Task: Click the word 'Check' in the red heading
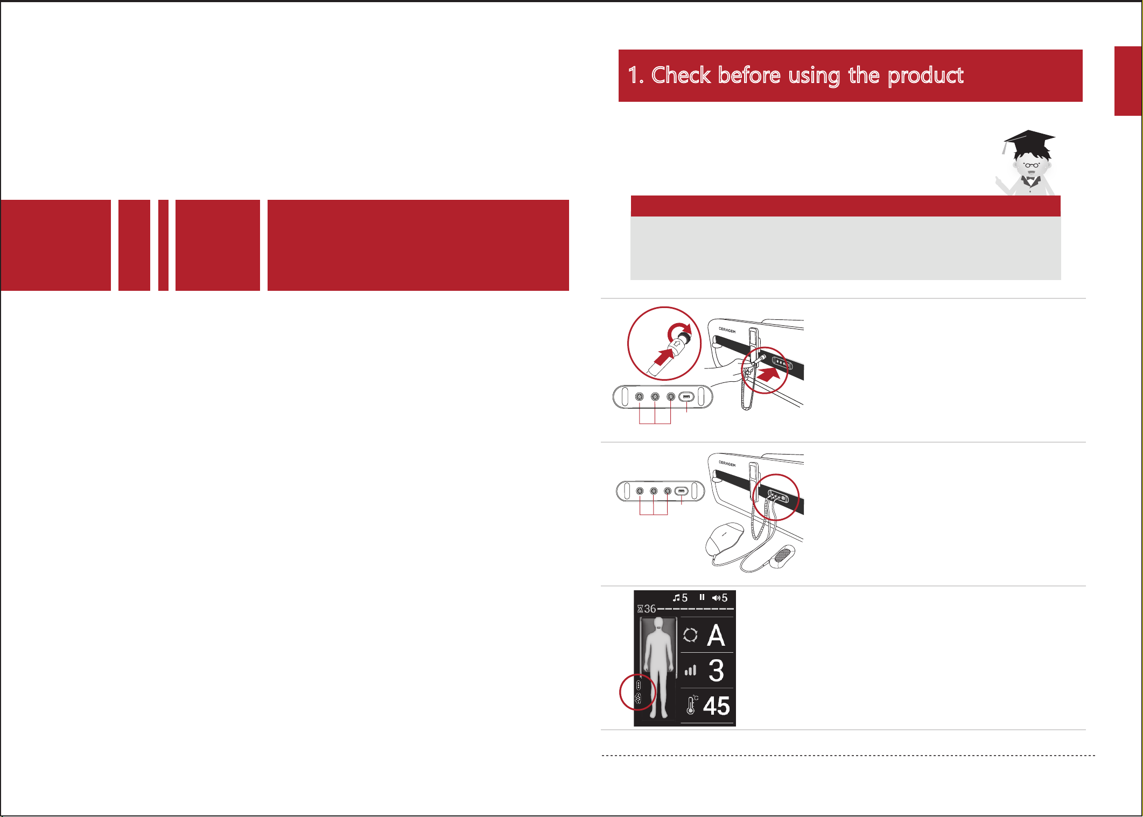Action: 681,75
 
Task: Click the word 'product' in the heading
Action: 925,76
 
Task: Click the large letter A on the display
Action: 716,636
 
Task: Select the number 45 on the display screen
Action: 716,706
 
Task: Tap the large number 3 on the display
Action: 716,671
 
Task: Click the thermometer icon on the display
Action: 691,705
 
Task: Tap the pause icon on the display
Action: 702,597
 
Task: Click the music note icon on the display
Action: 676,598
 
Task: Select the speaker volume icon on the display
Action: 716,598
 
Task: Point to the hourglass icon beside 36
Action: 640,609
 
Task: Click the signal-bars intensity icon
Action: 690,671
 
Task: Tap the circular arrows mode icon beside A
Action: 690,636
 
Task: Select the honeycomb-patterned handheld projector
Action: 782,556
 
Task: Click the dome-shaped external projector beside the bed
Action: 725,539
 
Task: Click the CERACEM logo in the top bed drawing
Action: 727,330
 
